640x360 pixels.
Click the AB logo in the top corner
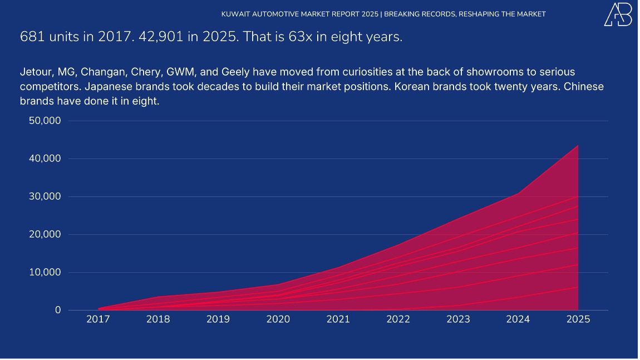(618, 14)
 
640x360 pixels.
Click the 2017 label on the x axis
(98, 319)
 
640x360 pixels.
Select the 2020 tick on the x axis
(278, 319)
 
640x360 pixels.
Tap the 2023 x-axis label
(458, 319)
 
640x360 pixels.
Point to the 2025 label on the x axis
(578, 319)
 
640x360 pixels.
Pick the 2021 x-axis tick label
(338, 319)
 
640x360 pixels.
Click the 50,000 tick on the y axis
(45, 121)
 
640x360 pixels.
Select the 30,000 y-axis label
(45, 196)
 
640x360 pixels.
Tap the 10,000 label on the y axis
(45, 272)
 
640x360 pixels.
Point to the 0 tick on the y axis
(58, 310)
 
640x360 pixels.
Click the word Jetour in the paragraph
(36, 72)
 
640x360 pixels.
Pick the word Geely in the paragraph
(236, 72)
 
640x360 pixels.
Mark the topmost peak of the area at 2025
(578, 146)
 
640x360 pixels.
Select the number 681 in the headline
(30, 37)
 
